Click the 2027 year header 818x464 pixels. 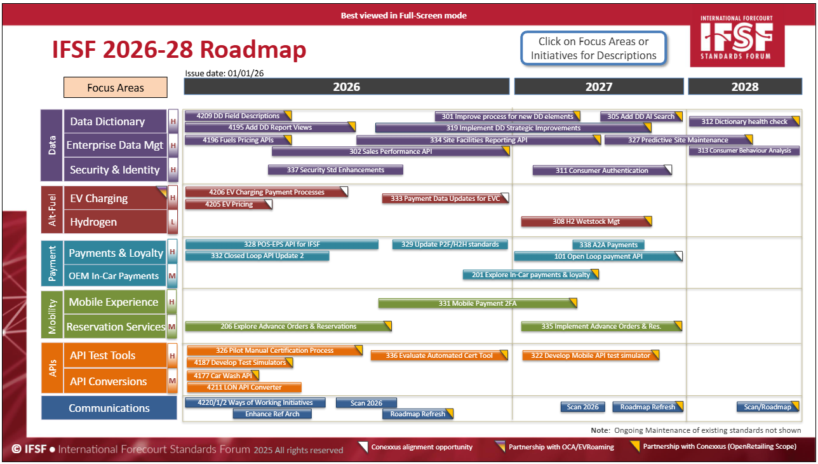point(599,86)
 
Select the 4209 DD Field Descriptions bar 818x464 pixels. point(238,116)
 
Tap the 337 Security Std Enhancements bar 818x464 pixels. point(335,170)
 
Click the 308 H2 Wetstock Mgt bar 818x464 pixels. point(586,221)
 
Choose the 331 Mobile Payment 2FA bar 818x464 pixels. point(478,303)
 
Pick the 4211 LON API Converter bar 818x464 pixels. point(245,387)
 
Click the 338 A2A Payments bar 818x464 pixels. point(608,245)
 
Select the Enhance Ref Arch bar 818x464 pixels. point(272,414)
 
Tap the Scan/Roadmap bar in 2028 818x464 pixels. point(768,407)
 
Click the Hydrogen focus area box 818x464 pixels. point(116,222)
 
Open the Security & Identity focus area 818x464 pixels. point(116,170)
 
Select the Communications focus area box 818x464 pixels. point(109,407)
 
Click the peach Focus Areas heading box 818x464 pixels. point(116,87)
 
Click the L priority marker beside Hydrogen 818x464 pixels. point(173,222)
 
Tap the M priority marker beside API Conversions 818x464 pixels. point(172,381)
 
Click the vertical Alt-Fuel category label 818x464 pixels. point(52,210)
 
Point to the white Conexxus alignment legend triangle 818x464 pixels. point(363,447)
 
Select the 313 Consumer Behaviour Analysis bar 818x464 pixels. point(744,151)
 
